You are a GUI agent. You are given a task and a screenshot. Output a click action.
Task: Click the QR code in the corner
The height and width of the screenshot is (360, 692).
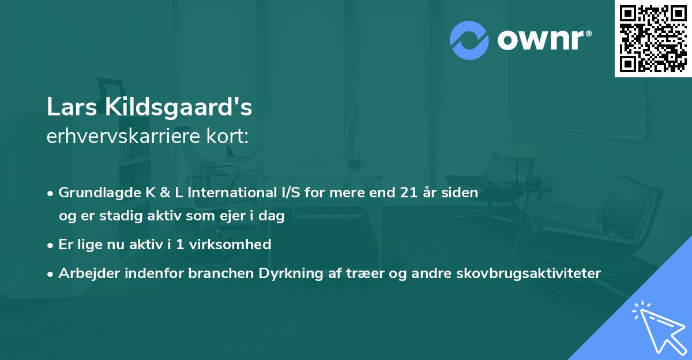(x=653, y=39)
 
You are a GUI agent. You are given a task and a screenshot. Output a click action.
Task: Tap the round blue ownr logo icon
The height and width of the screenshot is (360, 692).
(x=469, y=39)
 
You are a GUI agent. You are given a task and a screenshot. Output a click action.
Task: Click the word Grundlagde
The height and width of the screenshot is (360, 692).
(x=95, y=193)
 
